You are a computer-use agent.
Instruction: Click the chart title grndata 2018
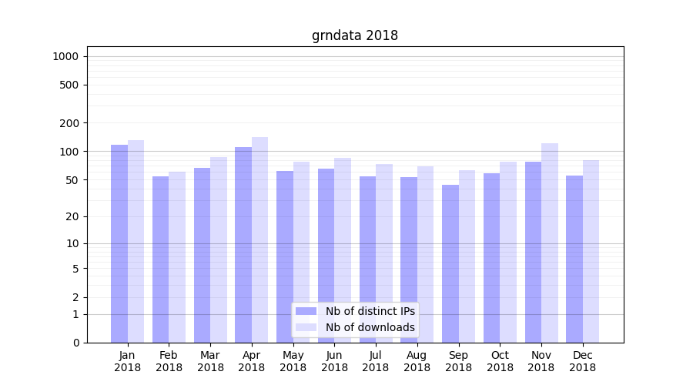[x=354, y=35]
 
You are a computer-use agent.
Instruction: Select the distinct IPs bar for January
[x=119, y=243]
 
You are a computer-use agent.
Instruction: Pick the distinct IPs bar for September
[x=450, y=263]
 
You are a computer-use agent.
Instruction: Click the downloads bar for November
[x=550, y=243]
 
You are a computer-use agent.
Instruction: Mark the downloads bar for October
[x=508, y=252]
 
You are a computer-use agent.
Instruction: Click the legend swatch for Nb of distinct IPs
[x=306, y=311]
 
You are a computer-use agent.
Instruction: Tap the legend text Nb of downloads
[x=370, y=327]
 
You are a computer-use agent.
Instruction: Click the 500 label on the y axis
[x=70, y=85]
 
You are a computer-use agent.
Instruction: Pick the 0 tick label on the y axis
[x=76, y=343]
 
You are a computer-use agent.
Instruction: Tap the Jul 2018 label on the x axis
[x=376, y=361]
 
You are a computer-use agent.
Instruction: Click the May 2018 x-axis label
[x=293, y=361]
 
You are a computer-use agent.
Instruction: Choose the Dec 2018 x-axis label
[x=582, y=361]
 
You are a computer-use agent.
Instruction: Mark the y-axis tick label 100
[x=70, y=152]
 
